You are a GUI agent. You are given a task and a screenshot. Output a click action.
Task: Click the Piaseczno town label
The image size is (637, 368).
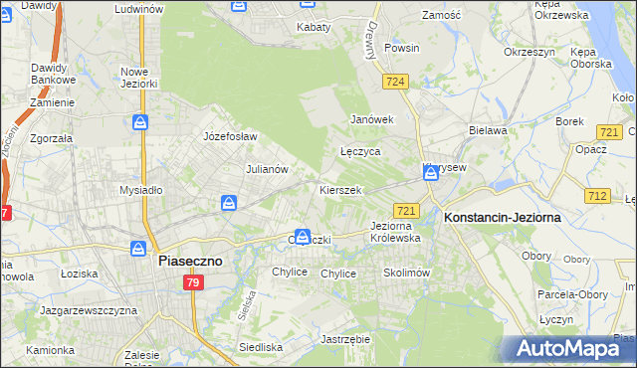point(192,261)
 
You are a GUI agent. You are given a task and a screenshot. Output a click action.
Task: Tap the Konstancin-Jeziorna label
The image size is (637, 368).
point(503,216)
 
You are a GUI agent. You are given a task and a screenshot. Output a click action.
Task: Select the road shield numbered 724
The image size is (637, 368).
point(396,81)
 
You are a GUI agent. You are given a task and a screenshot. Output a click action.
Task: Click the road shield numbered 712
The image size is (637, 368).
point(597,196)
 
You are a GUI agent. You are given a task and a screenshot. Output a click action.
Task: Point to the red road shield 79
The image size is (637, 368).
point(193,283)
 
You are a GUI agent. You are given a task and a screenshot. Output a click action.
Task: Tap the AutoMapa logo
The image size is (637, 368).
point(568,349)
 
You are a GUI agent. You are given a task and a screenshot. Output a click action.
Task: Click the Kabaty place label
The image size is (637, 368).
point(314,27)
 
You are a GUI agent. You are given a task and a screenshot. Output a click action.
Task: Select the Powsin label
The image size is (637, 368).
point(401,47)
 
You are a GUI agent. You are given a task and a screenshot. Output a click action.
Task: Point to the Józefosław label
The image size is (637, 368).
point(230,136)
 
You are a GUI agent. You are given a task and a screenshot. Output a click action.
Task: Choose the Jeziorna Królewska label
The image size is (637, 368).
point(395,232)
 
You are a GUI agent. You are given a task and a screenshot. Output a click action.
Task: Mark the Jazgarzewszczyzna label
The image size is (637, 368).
point(88,310)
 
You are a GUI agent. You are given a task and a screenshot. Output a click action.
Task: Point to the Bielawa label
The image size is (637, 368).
point(489,130)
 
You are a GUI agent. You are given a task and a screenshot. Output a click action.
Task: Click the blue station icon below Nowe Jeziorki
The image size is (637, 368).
point(140,122)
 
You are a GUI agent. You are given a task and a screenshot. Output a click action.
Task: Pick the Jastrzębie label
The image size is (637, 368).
point(345,338)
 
